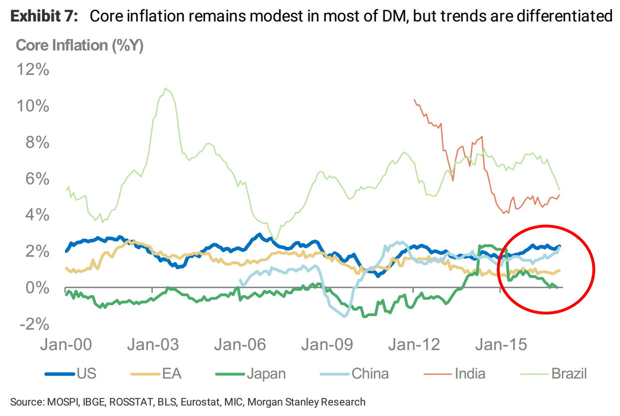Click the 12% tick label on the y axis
(33, 70)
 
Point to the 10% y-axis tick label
(33, 106)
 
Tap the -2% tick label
(34, 325)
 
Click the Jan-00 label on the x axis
(66, 345)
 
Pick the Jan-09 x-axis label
(327, 345)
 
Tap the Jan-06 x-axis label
(240, 345)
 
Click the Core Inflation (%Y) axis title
(80, 45)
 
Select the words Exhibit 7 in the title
(44, 16)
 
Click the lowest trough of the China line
(344, 316)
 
